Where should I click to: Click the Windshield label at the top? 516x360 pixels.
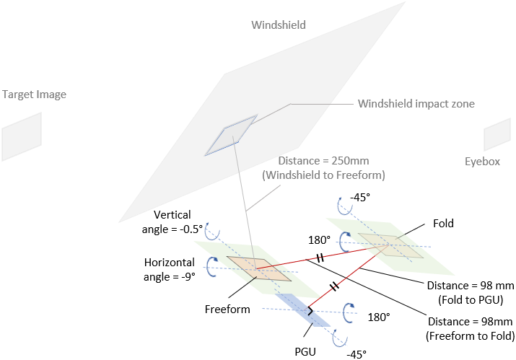278,25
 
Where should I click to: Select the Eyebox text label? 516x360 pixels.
482,162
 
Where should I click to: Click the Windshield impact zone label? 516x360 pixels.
416,104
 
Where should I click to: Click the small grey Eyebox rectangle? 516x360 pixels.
497,133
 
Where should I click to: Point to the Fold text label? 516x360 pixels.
443,224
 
